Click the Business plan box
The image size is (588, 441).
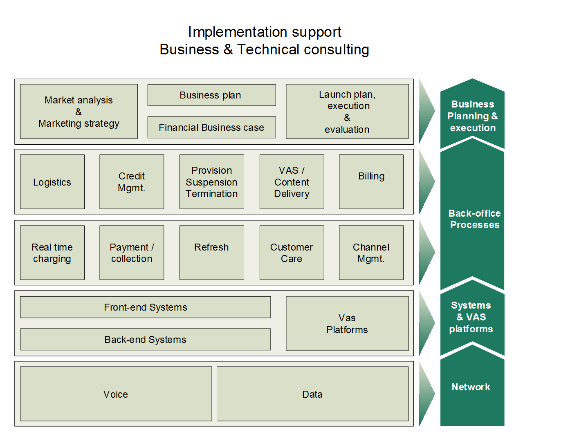211,95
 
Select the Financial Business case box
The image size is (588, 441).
211,127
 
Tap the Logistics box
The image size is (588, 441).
52,182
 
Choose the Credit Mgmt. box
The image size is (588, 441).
132,182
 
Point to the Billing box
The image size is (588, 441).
371,182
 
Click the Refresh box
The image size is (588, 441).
212,253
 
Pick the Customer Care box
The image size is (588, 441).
292,253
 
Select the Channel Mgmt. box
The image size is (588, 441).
371,253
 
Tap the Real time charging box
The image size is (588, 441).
52,253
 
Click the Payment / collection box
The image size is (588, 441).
132,253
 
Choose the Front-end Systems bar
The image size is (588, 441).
146,307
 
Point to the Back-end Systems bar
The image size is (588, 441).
146,339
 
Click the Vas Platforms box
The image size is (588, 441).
347,323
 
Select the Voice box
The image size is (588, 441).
116,394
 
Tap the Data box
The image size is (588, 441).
313,394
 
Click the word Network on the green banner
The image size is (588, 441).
471,387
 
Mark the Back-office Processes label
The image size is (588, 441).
474,219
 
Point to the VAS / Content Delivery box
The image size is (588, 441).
292,182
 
